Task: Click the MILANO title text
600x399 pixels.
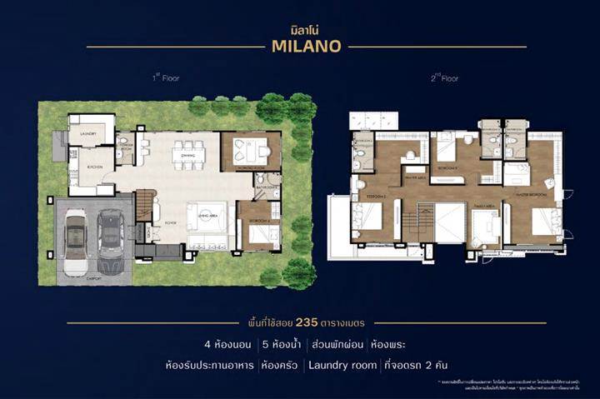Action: coord(306,46)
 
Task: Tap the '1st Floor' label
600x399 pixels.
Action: coord(165,77)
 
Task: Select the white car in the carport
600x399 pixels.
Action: coord(75,242)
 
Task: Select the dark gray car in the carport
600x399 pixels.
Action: coord(110,238)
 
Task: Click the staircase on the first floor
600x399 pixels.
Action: coord(146,205)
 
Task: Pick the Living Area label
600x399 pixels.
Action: coord(205,214)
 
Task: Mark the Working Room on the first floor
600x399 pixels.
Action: coord(250,152)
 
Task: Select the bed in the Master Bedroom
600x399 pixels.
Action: coord(543,221)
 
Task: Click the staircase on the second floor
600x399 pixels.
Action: coord(415,223)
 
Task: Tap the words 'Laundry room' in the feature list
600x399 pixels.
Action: coord(342,364)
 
